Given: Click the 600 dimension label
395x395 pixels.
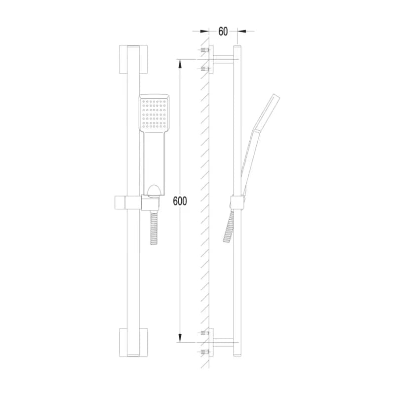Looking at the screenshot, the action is click(x=180, y=201).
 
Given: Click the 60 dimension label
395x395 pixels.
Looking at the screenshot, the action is click(x=223, y=32).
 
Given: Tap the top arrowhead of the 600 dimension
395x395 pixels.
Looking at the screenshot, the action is click(x=180, y=64).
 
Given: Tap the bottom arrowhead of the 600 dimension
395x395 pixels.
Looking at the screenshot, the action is click(x=180, y=338).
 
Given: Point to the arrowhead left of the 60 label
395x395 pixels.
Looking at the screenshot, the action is click(x=204, y=31).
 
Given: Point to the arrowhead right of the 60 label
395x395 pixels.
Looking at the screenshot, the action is click(x=242, y=31).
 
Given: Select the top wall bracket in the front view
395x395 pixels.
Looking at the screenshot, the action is click(x=133, y=59).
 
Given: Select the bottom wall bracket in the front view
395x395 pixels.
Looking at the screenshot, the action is click(x=133, y=342).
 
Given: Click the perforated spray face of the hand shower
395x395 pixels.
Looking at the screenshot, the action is click(x=154, y=114).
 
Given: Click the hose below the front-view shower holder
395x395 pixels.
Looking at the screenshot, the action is click(x=153, y=228).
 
